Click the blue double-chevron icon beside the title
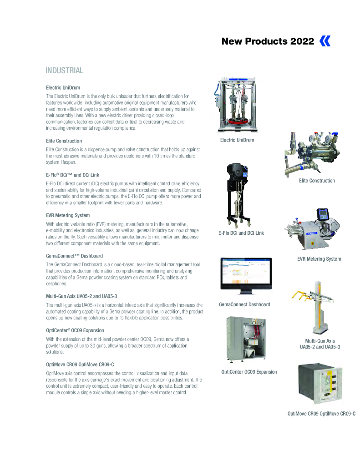[x=325, y=41]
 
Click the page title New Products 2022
[x=268, y=41]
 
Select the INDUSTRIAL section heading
[x=64, y=71]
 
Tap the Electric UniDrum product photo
[x=237, y=105]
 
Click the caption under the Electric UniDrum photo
[x=237, y=140]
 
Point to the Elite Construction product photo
[x=313, y=154]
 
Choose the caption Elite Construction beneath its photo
[x=317, y=181]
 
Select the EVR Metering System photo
[x=312, y=229]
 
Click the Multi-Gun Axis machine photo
[x=313, y=307]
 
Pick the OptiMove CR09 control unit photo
[x=320, y=383]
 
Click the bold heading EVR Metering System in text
[x=68, y=215]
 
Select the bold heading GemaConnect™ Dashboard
[x=74, y=256]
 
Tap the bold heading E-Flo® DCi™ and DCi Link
[x=72, y=175]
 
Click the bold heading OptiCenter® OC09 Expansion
[x=75, y=330]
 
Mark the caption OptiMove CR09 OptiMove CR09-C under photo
[x=321, y=414]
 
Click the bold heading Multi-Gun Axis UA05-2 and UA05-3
[x=81, y=296]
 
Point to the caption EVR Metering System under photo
[x=319, y=259]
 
